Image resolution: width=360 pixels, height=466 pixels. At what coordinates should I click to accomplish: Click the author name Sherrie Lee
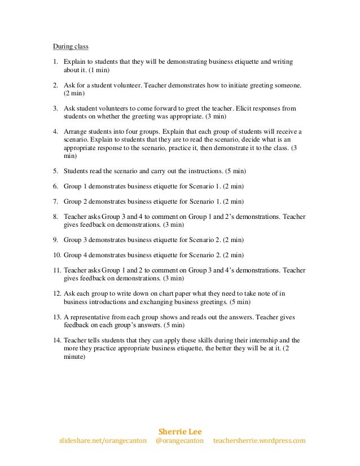(179, 430)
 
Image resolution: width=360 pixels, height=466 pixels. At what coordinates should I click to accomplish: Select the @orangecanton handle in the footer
(179, 440)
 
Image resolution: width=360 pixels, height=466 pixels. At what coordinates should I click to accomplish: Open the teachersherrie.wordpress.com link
(259, 440)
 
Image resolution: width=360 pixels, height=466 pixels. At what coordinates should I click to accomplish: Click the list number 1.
(55, 61)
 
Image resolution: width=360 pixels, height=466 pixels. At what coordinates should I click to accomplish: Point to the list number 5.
(55, 171)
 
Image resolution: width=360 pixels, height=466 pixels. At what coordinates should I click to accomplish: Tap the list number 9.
(55, 239)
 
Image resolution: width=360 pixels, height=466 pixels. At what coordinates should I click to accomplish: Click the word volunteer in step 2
(126, 85)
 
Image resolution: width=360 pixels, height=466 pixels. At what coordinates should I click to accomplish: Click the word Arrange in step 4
(74, 132)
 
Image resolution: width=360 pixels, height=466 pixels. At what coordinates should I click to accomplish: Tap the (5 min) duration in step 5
(232, 171)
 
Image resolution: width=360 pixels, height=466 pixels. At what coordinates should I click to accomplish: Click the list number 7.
(55, 200)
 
